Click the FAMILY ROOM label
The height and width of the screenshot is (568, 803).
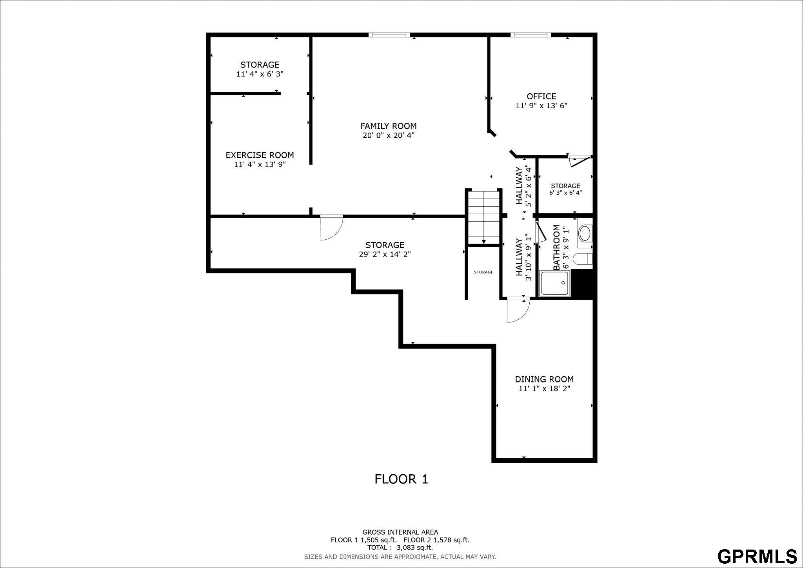(x=388, y=126)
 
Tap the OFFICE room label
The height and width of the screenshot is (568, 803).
(x=541, y=96)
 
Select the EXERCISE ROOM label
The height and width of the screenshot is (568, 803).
(x=260, y=155)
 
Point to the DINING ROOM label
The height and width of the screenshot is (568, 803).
(x=544, y=379)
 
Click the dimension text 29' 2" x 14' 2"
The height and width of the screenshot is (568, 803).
(x=385, y=254)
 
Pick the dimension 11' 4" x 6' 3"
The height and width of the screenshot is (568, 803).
(x=260, y=74)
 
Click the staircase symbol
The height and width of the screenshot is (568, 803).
(x=484, y=217)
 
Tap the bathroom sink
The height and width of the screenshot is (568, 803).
(x=585, y=233)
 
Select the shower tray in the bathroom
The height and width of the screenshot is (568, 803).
(x=555, y=283)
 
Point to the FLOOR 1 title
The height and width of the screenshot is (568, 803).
(x=401, y=479)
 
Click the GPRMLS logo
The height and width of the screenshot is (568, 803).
(x=757, y=556)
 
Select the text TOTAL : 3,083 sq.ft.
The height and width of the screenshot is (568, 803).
(x=400, y=548)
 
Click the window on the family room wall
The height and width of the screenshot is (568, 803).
(x=389, y=35)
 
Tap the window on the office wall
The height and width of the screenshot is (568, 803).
(x=530, y=35)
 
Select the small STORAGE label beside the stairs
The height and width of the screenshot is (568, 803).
(x=483, y=272)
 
